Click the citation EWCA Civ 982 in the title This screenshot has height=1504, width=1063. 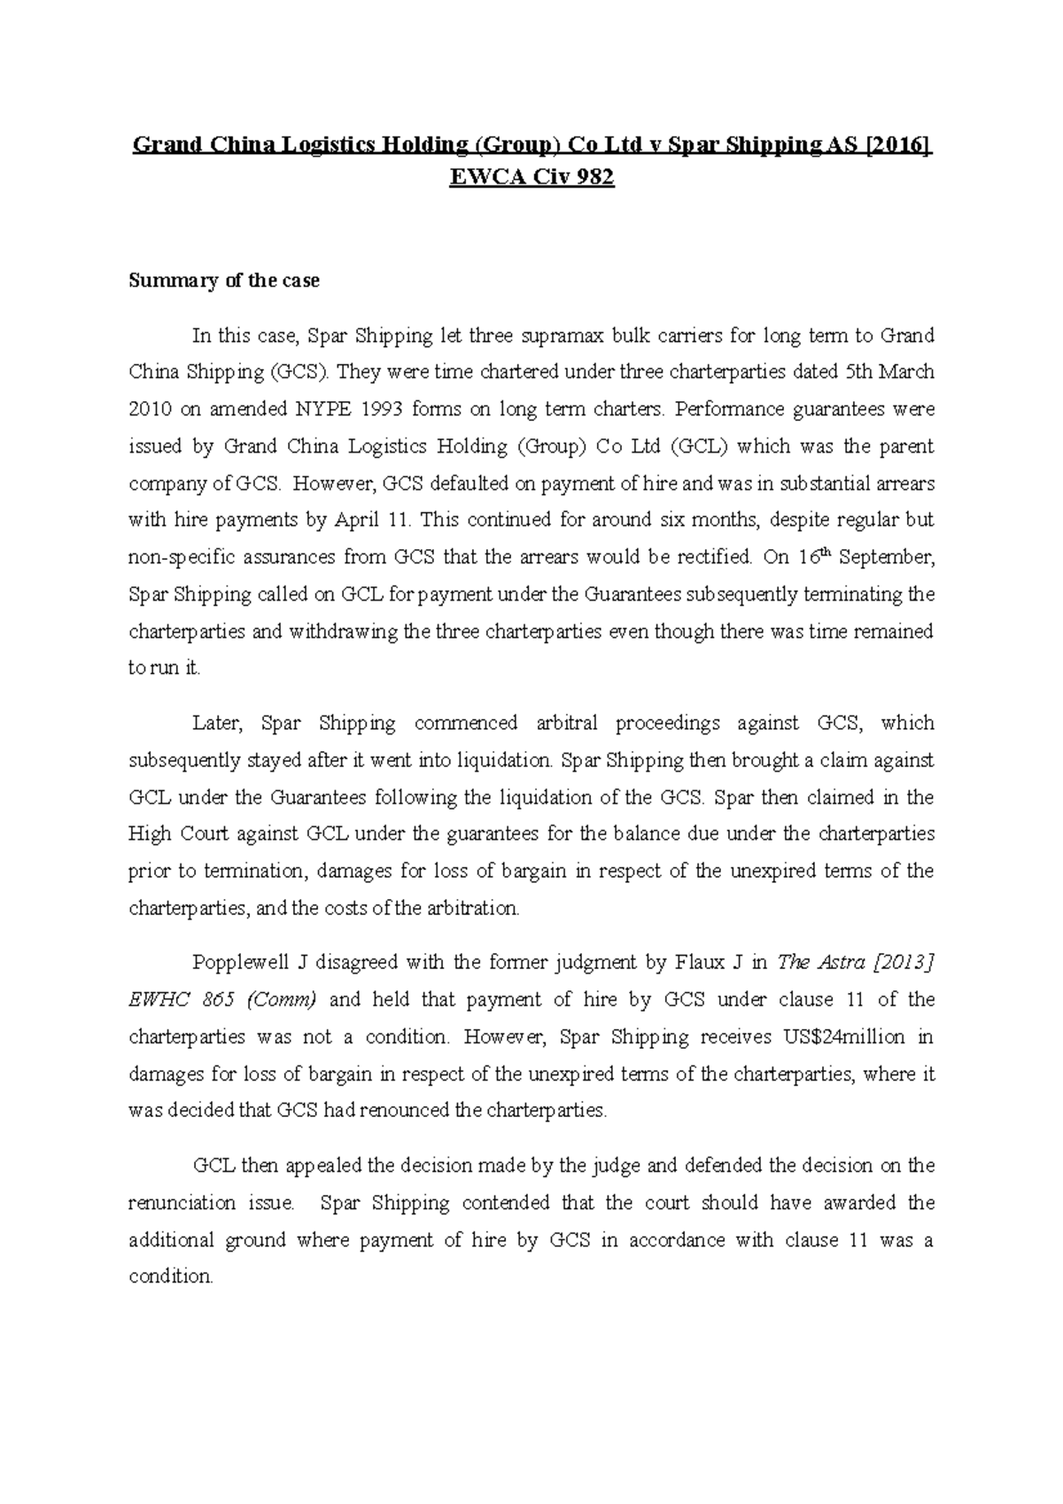coord(531,178)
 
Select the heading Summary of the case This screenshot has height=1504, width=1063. coord(224,281)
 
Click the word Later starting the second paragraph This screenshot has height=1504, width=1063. coord(216,723)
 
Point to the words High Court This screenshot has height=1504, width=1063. coord(169,833)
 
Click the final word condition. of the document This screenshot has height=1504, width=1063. coord(171,1277)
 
